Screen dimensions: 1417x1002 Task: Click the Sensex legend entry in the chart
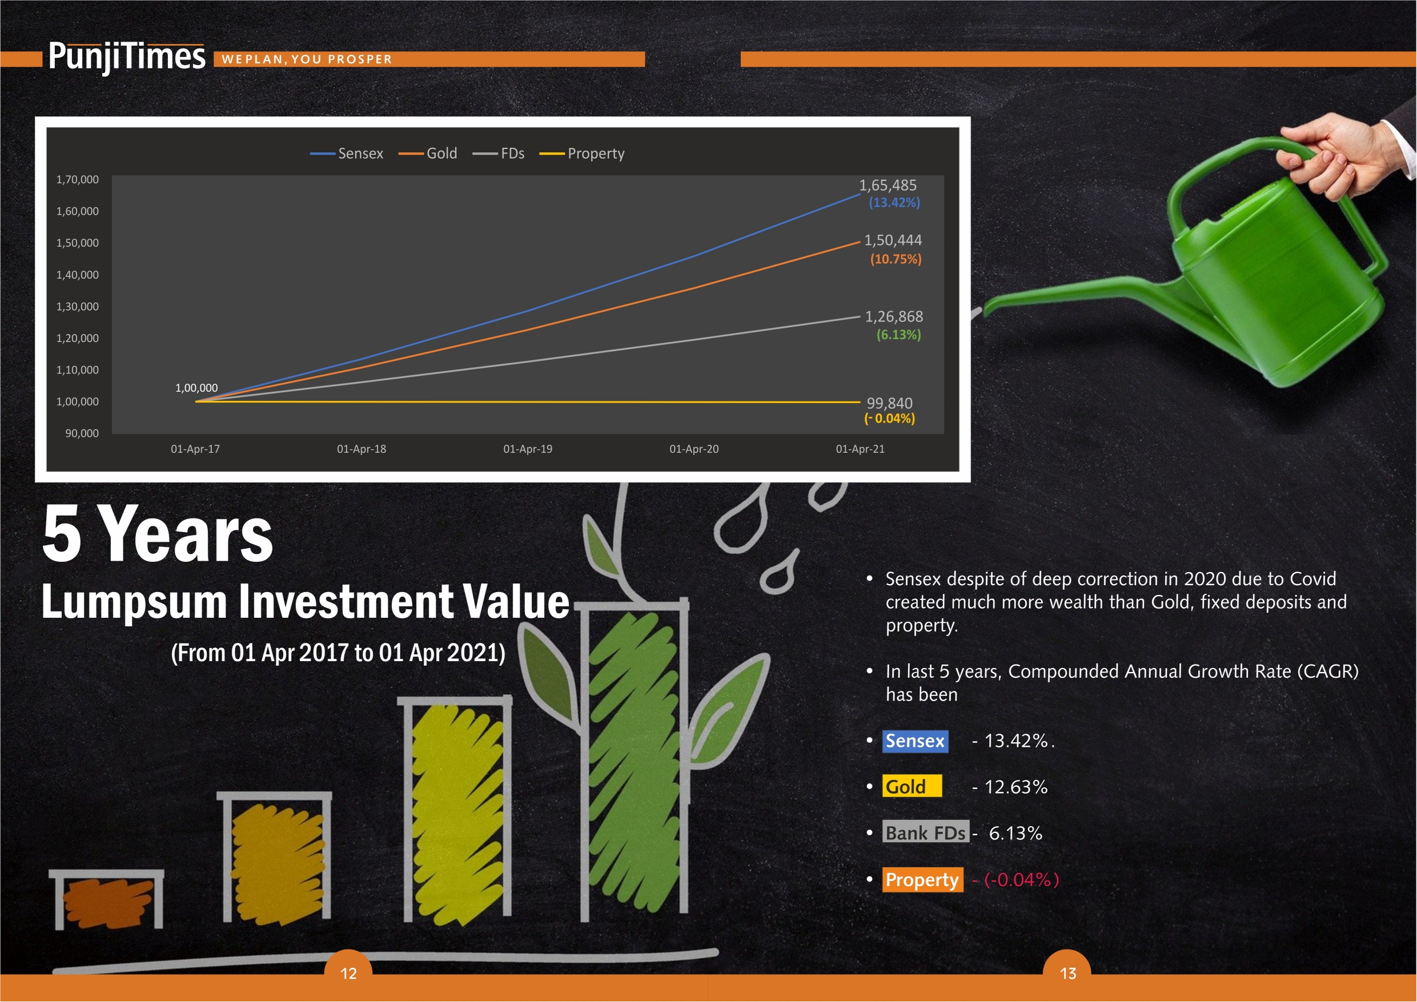click(346, 153)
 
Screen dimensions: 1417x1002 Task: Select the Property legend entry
click(582, 154)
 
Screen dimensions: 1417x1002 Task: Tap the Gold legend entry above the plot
click(428, 153)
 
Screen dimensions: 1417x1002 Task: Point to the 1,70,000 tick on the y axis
click(77, 179)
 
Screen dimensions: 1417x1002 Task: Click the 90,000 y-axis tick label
click(82, 433)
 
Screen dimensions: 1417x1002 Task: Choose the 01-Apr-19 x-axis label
click(528, 449)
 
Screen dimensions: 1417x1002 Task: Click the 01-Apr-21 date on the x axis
click(860, 449)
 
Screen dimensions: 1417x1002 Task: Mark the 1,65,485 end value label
click(888, 185)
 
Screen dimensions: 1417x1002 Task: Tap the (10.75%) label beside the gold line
click(896, 259)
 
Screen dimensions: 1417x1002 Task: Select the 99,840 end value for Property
click(889, 404)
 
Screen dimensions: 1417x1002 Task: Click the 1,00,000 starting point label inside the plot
click(196, 388)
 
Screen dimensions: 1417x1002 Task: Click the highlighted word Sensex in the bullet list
click(915, 741)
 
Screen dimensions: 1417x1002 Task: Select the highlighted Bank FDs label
click(926, 833)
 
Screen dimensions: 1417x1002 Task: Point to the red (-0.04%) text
click(1021, 880)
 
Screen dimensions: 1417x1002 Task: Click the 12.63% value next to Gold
click(1016, 787)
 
